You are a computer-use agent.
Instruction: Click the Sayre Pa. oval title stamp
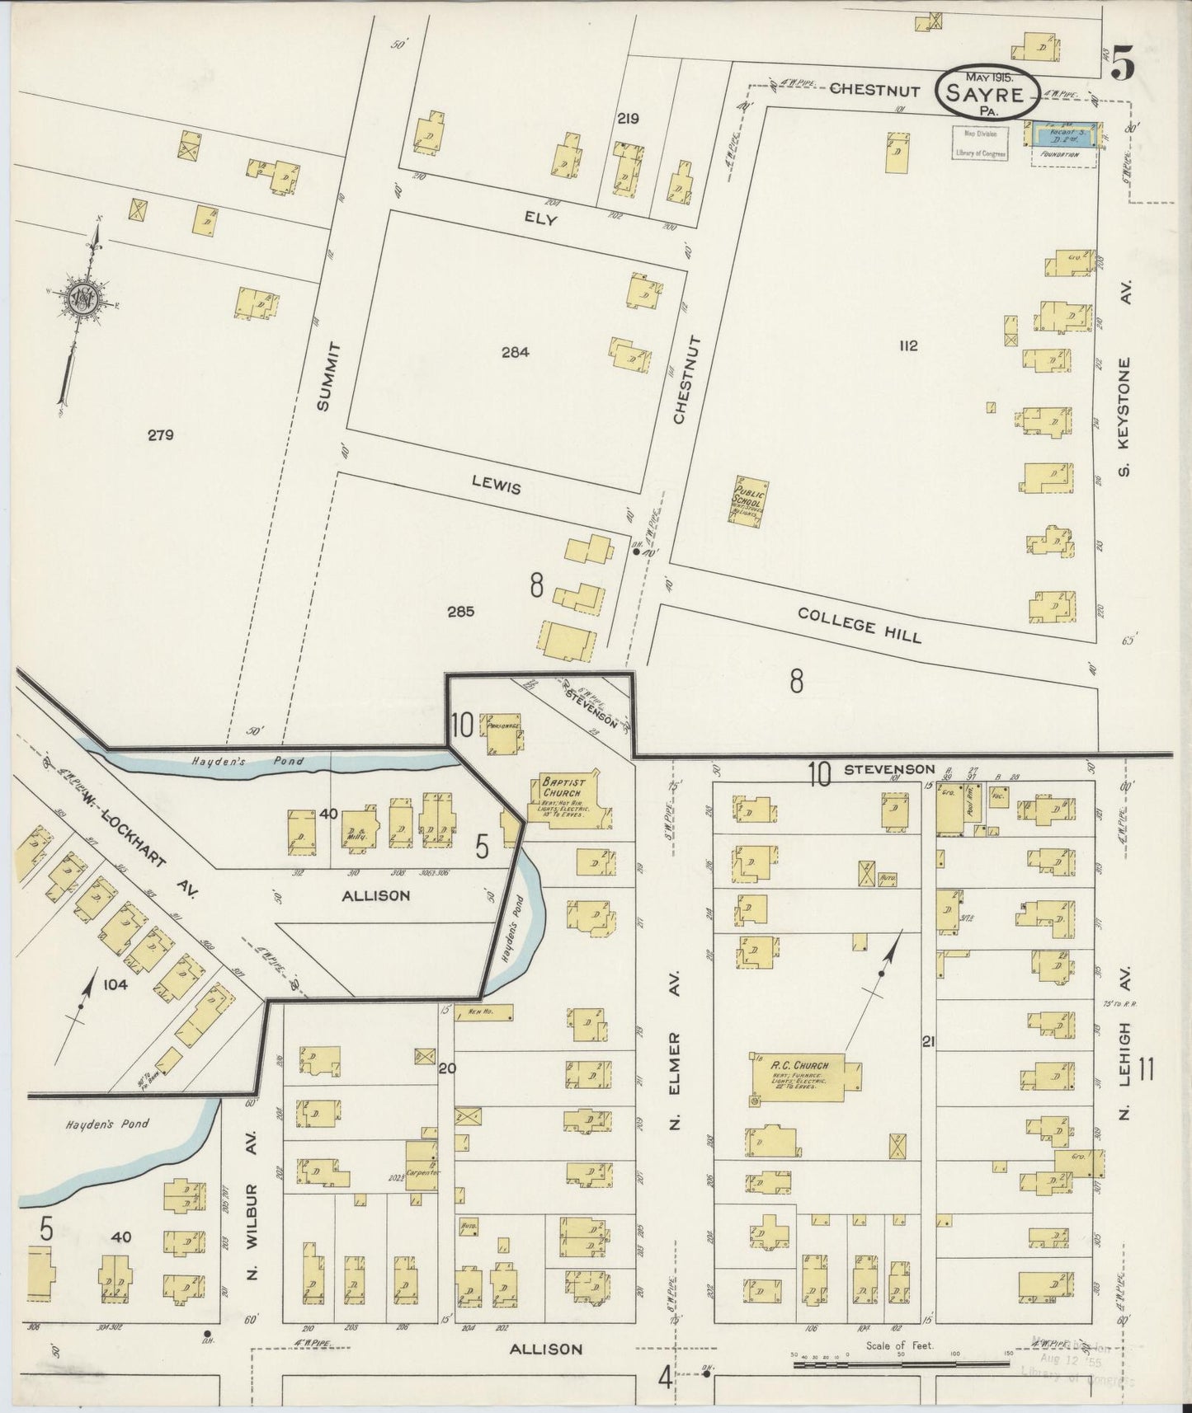tap(987, 92)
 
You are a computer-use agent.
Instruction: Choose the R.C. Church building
tap(804, 1075)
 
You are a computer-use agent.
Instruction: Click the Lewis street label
tap(497, 486)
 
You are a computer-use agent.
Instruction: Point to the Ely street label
tap(540, 220)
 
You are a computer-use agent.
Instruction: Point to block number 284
tap(515, 352)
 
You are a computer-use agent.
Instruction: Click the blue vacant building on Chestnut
tap(1062, 134)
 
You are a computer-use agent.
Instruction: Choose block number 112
tap(908, 345)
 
